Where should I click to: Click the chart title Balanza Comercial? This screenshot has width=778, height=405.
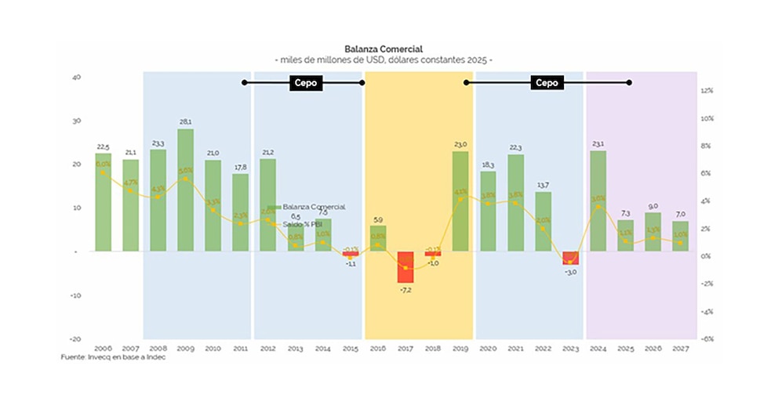(x=383, y=49)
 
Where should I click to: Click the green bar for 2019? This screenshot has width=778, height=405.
(x=460, y=201)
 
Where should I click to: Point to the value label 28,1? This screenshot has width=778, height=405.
(x=185, y=121)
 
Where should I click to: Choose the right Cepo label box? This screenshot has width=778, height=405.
(x=547, y=82)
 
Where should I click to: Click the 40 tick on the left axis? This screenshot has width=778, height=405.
(x=76, y=77)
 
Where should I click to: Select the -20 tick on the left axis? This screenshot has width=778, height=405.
(x=75, y=338)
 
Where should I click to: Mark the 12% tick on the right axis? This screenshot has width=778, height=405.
(x=706, y=91)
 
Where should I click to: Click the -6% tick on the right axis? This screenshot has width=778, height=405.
(x=706, y=338)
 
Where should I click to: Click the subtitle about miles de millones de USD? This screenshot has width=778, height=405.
(x=383, y=60)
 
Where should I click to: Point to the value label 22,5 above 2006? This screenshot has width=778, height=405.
(x=103, y=146)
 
